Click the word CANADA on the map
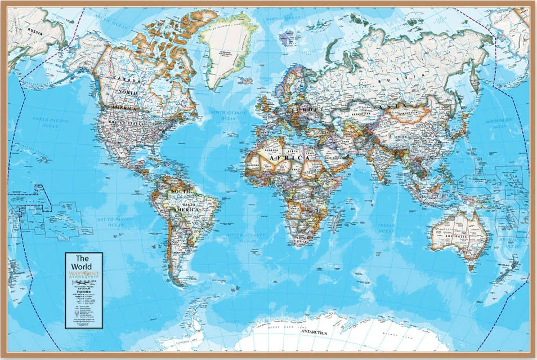[127, 79]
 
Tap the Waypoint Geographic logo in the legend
[83, 274]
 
